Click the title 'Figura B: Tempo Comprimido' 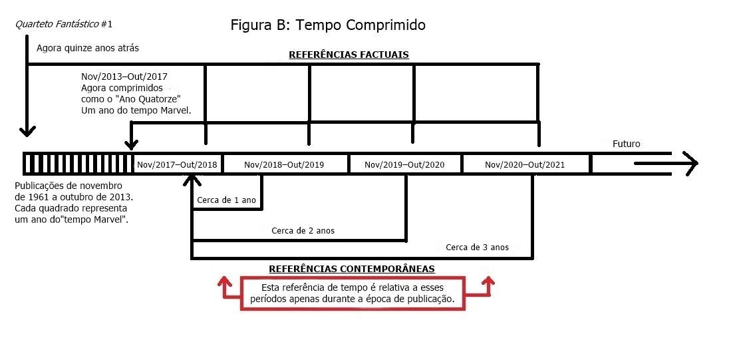click(x=327, y=25)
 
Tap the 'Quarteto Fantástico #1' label click(x=64, y=25)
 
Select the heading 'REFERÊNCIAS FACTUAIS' click(x=349, y=55)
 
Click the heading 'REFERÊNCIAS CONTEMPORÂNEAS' click(x=352, y=269)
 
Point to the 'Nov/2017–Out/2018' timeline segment click(x=177, y=164)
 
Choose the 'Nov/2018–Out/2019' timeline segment click(x=284, y=164)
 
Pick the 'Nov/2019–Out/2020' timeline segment click(x=404, y=164)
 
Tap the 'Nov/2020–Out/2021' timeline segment click(x=525, y=164)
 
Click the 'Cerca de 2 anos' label click(x=303, y=231)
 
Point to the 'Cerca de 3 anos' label click(x=477, y=247)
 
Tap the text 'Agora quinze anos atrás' click(x=83, y=48)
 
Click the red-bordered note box click(x=352, y=294)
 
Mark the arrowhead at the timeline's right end click(x=689, y=163)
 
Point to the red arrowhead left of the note click(x=224, y=281)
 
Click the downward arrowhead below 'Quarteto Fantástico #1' click(x=27, y=129)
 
